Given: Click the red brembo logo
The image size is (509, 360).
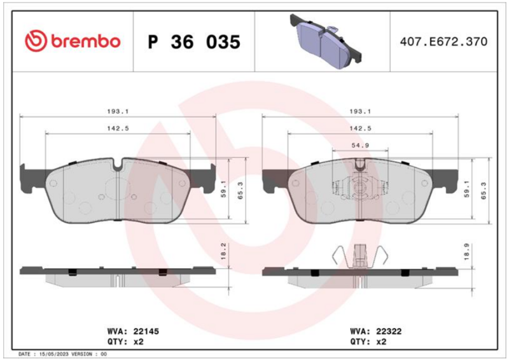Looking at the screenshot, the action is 73,41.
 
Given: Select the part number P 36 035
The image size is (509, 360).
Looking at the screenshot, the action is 194,42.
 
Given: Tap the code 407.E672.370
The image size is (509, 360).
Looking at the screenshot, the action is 443,41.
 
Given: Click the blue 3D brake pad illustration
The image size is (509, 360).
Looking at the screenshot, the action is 326,41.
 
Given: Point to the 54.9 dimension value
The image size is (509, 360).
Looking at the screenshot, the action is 360,145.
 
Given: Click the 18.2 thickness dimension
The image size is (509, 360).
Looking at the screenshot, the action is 223,251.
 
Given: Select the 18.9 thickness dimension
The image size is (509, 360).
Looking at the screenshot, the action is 467,251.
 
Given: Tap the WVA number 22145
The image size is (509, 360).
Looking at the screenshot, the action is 146,331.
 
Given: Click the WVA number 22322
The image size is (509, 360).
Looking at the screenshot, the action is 389,331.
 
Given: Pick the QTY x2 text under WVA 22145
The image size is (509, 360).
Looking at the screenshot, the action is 125,342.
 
